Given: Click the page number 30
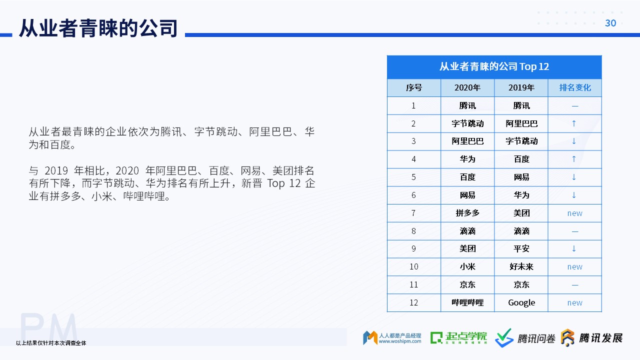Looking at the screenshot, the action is point(610,23).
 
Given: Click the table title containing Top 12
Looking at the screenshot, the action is point(494,66).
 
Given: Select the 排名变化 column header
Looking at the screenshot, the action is point(575,87).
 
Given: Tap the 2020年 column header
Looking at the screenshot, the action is point(467,87).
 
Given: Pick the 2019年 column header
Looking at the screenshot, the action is point(521,87).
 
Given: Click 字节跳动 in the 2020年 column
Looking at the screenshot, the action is point(467,123).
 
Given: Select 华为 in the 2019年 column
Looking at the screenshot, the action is point(521,195).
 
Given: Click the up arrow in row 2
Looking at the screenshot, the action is point(573,123).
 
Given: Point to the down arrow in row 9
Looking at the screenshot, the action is point(573,248).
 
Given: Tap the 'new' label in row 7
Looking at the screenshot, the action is point(574,213).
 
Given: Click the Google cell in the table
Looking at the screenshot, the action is point(521,303).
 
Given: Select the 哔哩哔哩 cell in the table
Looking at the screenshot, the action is point(467,302).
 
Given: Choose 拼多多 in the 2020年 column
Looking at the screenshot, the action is point(467,213).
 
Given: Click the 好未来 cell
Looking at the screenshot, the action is point(521,266).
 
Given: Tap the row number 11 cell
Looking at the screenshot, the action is point(413,284).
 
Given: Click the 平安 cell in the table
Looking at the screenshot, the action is point(521,248).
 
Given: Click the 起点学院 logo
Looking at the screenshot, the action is point(458,338).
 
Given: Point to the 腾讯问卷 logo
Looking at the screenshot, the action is point(525,338).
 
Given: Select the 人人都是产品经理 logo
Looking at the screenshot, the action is point(392,338).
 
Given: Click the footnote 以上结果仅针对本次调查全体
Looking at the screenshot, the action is point(51,343).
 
